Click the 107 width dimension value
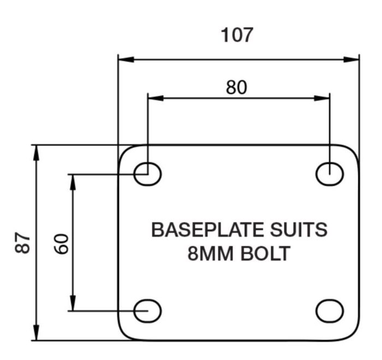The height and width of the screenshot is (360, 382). click(x=237, y=35)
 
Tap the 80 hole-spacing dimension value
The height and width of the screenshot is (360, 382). click(x=236, y=87)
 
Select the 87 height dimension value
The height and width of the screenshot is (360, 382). click(x=22, y=243)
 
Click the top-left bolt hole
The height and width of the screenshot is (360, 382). click(x=148, y=174)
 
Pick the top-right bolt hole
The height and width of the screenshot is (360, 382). click(x=330, y=174)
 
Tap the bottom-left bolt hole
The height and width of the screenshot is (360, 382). click(x=148, y=311)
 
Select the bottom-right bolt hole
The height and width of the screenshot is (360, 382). click(x=330, y=311)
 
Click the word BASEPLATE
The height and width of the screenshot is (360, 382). click(x=199, y=230)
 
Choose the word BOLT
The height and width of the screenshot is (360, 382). click(x=266, y=254)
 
